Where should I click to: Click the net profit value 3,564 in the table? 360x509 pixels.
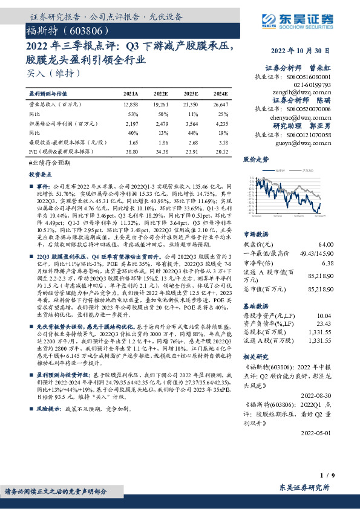[x=191, y=122]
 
